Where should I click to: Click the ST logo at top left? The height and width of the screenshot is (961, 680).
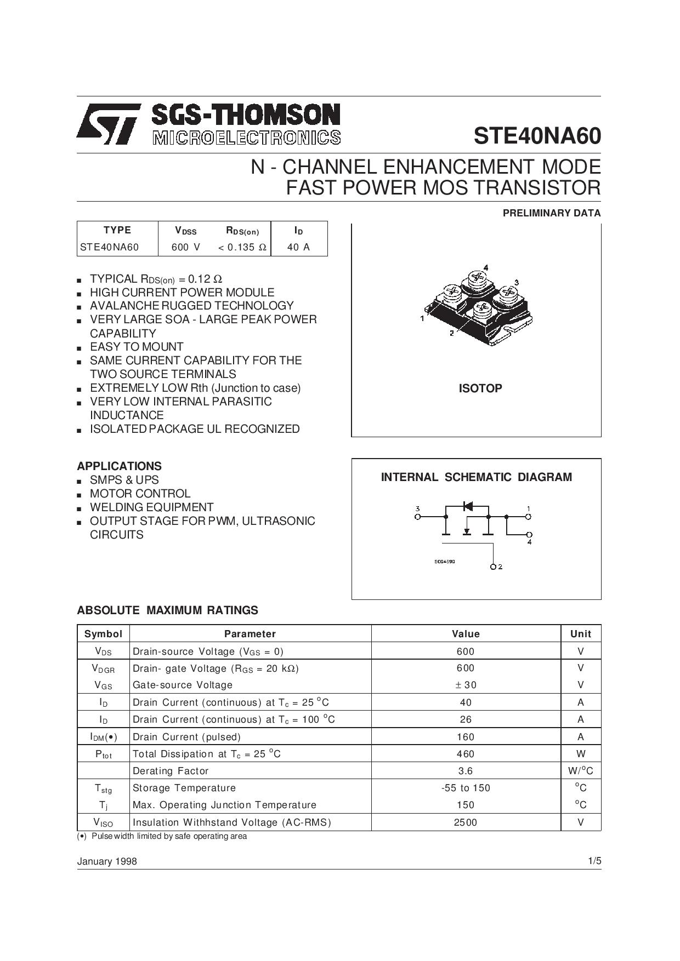(108, 124)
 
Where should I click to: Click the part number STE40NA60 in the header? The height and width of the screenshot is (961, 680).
(537, 136)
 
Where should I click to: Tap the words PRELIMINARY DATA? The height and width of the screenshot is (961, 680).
(551, 213)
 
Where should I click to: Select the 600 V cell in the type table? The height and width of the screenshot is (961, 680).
(186, 247)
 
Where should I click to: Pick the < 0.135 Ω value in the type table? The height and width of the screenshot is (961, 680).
(242, 247)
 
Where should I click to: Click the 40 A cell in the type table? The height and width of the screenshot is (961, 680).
(298, 247)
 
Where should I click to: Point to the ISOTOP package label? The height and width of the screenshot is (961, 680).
(480, 388)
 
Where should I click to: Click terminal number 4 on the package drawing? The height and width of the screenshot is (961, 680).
(486, 267)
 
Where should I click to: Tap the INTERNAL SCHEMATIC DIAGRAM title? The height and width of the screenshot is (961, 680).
(476, 477)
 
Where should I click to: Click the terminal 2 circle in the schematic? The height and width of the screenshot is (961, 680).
(494, 567)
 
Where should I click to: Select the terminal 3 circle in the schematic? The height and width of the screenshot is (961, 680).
(418, 516)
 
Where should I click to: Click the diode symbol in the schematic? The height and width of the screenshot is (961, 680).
(467, 506)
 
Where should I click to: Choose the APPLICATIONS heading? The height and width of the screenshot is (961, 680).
(119, 466)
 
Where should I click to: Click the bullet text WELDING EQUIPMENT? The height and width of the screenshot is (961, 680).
(151, 507)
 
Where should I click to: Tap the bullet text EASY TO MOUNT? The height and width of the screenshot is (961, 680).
(137, 347)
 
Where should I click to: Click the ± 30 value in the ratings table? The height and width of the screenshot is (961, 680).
(466, 685)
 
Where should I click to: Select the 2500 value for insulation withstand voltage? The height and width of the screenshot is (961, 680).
(466, 822)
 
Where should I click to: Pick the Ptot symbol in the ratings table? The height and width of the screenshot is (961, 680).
(103, 754)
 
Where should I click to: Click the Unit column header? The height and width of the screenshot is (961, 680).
(580, 634)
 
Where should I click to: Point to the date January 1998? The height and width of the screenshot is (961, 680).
(107, 861)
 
